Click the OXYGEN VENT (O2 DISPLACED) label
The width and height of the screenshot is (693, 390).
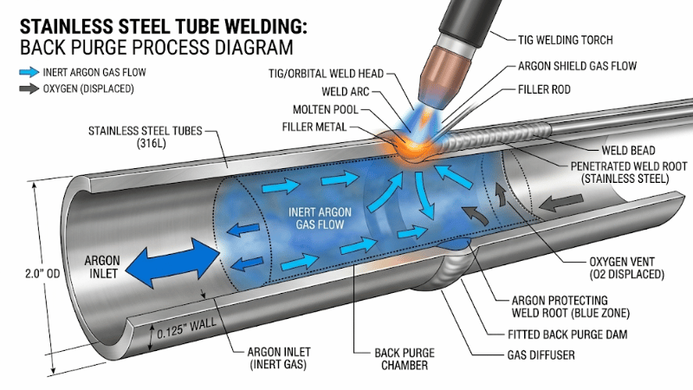(x=618, y=268)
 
